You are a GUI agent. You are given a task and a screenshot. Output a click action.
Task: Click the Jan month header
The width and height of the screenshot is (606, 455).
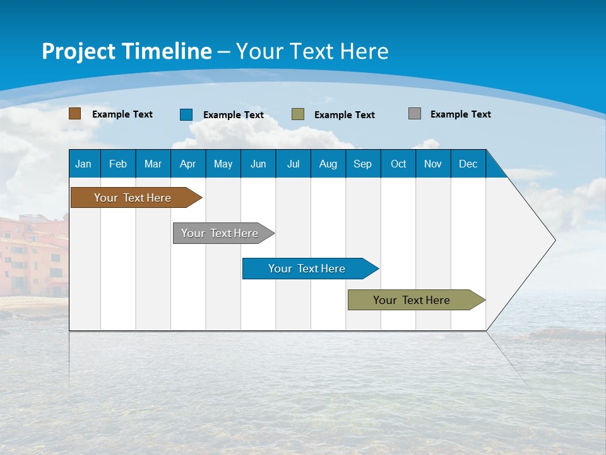(83, 164)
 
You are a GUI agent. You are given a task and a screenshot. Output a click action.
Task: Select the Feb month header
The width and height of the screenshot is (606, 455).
(118, 164)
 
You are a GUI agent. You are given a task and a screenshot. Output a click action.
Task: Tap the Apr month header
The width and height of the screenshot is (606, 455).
(187, 164)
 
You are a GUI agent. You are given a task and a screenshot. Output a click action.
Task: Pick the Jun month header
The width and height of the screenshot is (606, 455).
(258, 164)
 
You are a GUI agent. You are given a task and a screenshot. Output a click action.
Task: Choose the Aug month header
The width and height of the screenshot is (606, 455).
(328, 164)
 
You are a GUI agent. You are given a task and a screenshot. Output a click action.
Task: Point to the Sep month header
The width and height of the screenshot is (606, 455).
(362, 164)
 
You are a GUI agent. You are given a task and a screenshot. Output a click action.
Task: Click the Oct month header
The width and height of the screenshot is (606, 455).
(398, 164)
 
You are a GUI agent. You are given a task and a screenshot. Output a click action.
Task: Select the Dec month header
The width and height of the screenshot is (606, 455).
(468, 164)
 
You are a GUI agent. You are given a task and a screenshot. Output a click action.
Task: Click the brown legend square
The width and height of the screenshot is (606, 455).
(75, 114)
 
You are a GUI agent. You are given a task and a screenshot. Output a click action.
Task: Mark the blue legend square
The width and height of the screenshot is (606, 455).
(186, 114)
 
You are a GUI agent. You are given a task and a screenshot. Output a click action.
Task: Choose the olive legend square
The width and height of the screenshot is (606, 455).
(298, 114)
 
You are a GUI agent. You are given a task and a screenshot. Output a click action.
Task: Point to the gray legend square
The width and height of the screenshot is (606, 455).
(415, 114)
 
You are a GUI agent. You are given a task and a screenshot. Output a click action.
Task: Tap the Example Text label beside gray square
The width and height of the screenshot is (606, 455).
(460, 114)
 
